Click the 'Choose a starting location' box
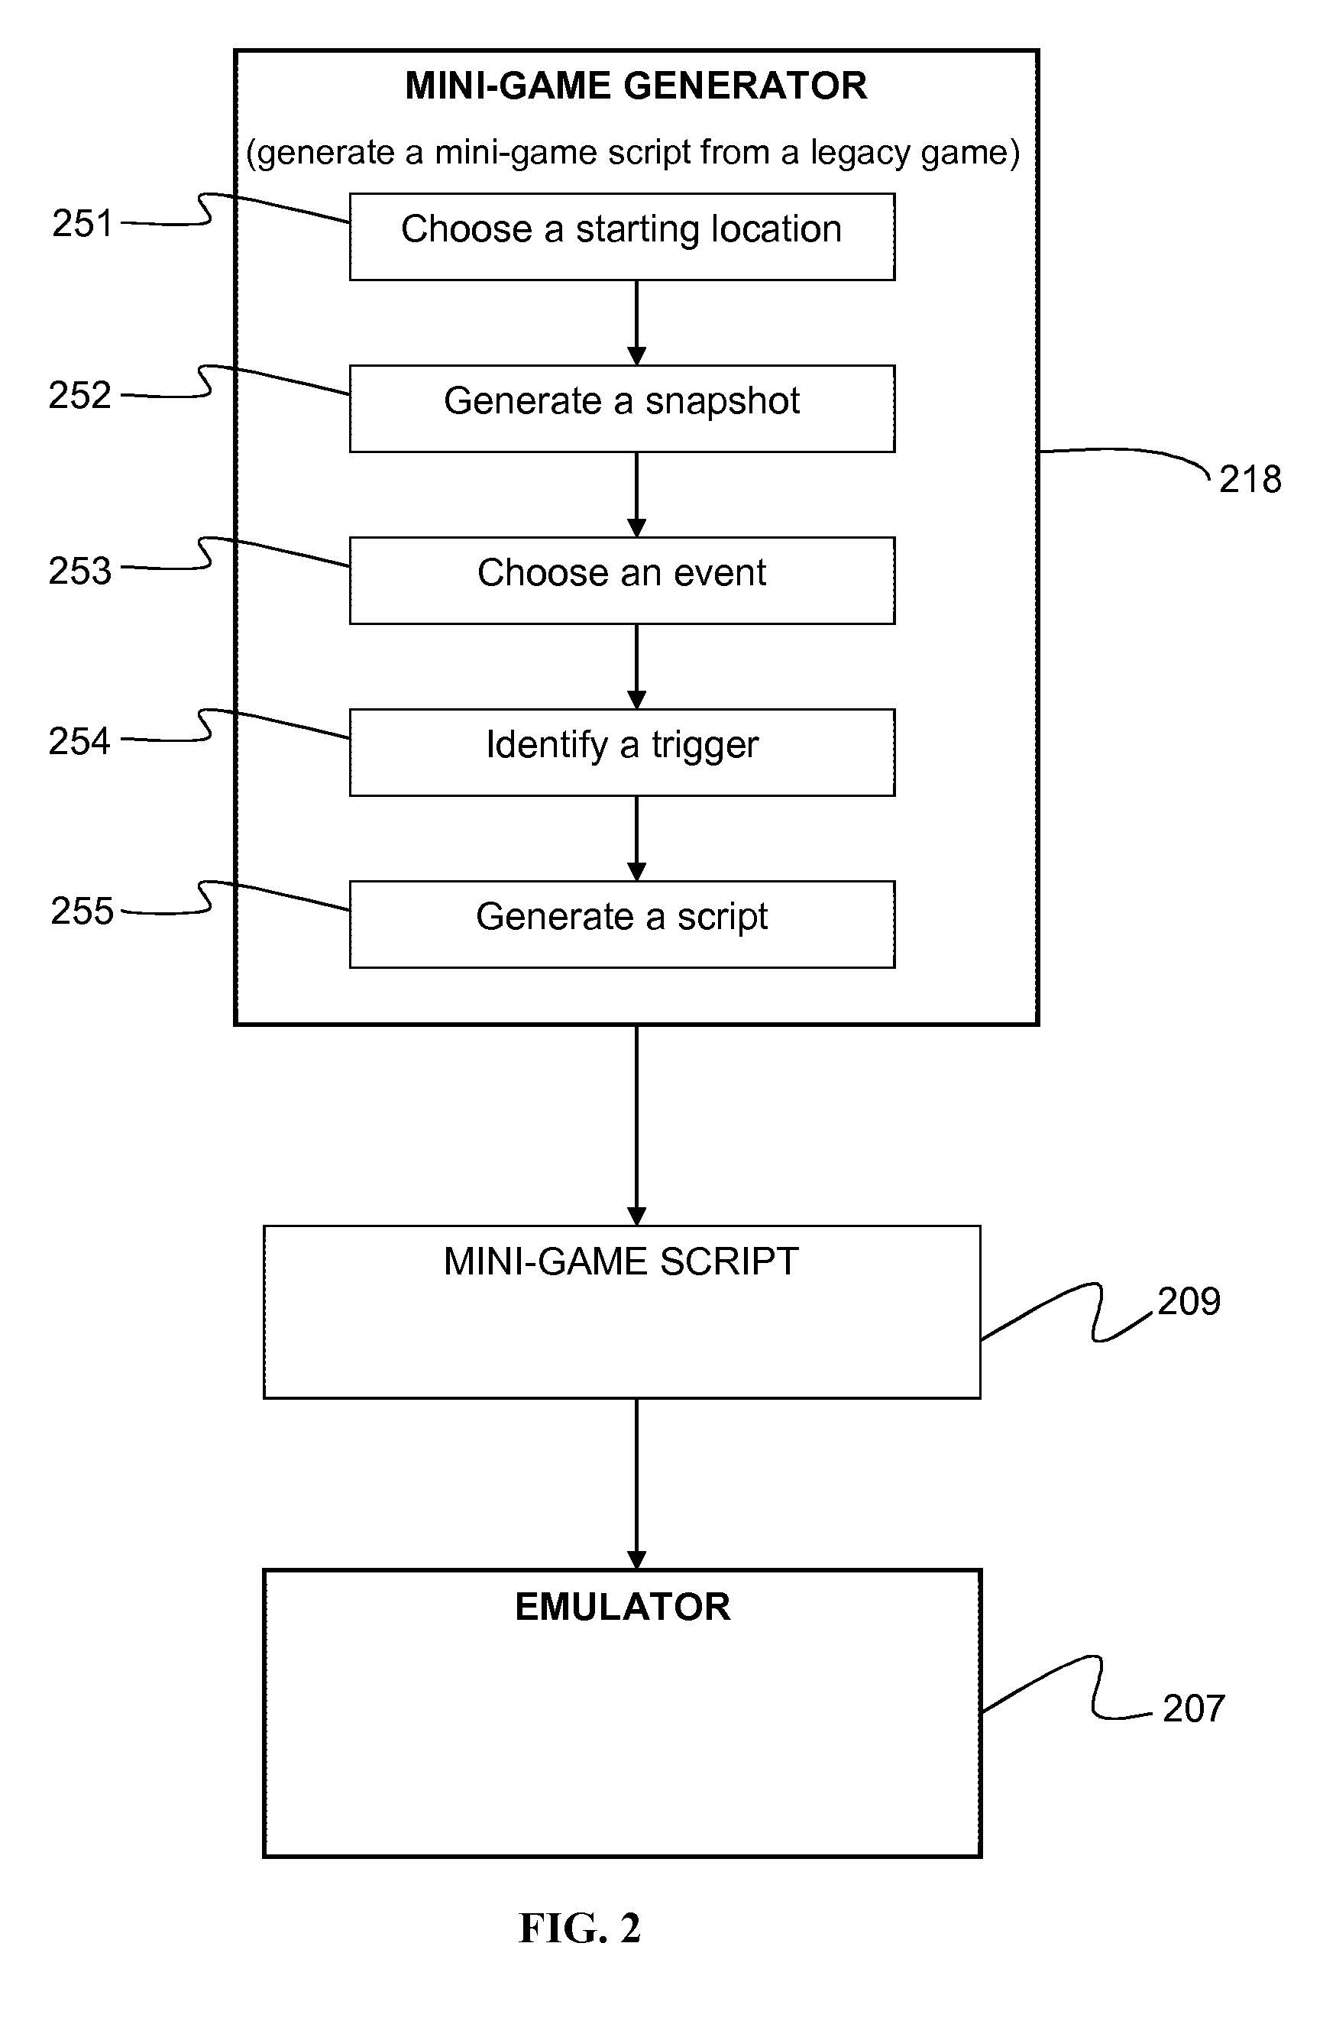click(x=622, y=236)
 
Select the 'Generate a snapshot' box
click(x=622, y=408)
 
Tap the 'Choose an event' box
click(x=622, y=580)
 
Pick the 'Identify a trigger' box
click(x=622, y=752)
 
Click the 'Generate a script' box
click(x=622, y=924)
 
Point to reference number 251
click(x=82, y=224)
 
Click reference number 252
click(x=80, y=396)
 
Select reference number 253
click(x=80, y=571)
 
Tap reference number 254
click(x=80, y=740)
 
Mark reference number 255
click(x=82, y=911)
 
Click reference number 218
click(x=1250, y=480)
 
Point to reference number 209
click(x=1189, y=1301)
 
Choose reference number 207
click(x=1194, y=1708)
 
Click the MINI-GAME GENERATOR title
click(x=636, y=86)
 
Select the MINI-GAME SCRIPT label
click(x=621, y=1261)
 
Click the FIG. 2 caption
click(x=580, y=1928)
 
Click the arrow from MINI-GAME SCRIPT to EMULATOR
click(x=637, y=1483)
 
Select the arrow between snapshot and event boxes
click(x=637, y=494)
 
